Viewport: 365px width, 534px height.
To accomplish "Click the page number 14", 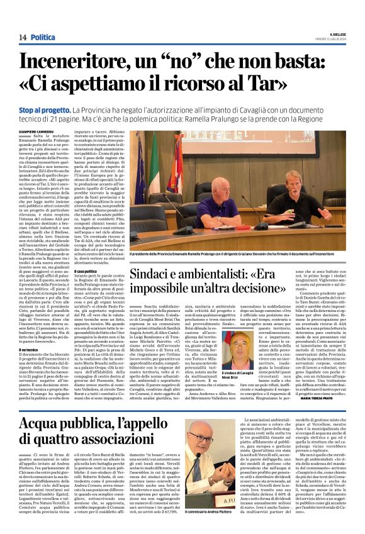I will click(x=22, y=38).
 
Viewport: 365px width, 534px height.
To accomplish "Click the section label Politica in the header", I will click(x=43, y=38).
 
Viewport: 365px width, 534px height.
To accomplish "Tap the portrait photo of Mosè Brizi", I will click(x=239, y=349).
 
